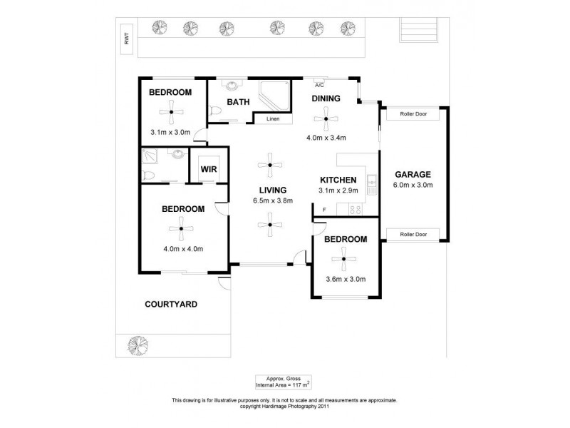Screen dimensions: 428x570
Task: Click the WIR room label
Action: [209, 169]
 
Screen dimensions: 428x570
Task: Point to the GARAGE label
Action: [413, 174]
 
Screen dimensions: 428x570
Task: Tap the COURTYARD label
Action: [171, 304]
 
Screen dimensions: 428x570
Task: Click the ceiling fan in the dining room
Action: [327, 118]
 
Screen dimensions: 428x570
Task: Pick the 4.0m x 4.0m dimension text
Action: [183, 249]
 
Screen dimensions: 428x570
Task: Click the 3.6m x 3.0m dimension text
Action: [345, 279]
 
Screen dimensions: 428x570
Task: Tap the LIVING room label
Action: [273, 190]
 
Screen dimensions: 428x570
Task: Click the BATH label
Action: [238, 102]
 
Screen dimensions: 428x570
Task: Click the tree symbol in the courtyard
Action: [138, 345]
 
